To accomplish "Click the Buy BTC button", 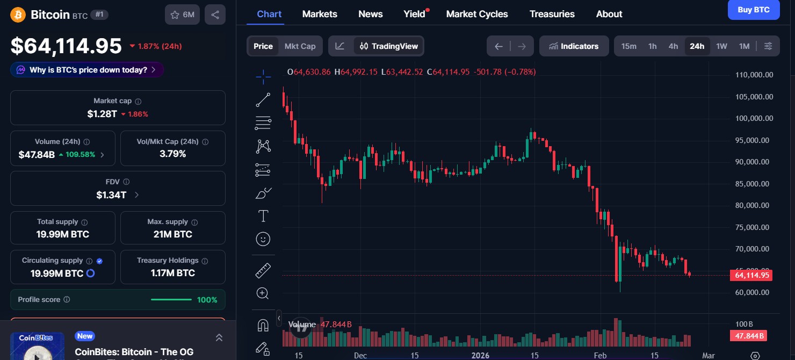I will coord(753,10).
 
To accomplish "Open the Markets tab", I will coord(320,14).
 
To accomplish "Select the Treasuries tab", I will coord(552,14).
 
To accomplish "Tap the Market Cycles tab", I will coord(476,14).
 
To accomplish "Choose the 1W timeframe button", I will coord(721,46).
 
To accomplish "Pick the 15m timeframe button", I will coord(628,46).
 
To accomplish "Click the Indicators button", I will coord(574,46).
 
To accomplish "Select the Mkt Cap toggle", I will coord(300,46).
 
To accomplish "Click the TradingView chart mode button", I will coord(388,46).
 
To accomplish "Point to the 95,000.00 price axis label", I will coord(754,140).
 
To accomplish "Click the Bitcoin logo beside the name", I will coord(18,15).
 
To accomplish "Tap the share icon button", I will coord(215,15).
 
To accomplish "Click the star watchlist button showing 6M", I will coord(182,15).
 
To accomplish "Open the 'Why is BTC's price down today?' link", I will coord(87,70).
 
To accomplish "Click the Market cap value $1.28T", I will coord(102,114).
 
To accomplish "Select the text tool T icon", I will coord(263,217).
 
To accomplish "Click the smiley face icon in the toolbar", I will coord(263,239).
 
